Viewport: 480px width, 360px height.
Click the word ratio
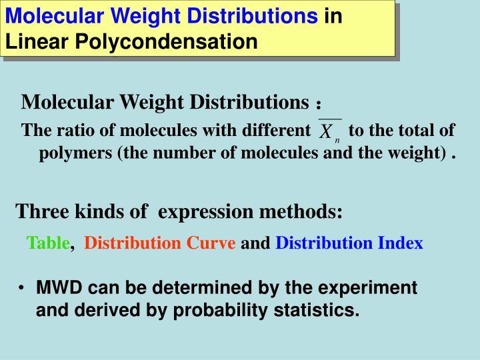pos(68,131)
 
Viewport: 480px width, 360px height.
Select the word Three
pos(38,212)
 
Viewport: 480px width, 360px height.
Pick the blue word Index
pos(400,243)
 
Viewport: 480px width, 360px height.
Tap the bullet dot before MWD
pos(22,289)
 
